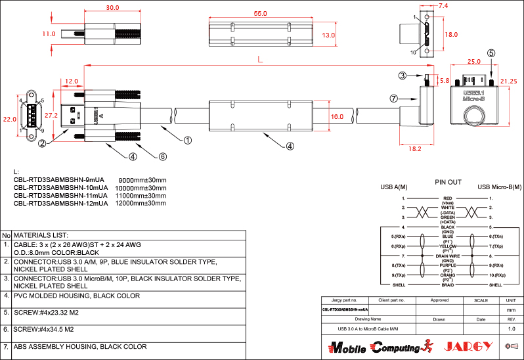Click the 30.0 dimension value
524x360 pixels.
pyautogui.click(x=112, y=8)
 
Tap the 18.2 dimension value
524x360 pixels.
pyautogui.click(x=415, y=148)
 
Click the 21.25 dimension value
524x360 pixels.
pyautogui.click(x=509, y=81)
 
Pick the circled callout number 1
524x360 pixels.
pyautogui.click(x=187, y=140)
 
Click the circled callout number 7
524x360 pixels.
pyautogui.click(x=393, y=99)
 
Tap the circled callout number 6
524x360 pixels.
pyautogui.click(x=163, y=156)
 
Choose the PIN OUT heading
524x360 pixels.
pyautogui.click(x=448, y=182)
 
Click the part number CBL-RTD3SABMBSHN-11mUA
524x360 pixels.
pyautogui.click(x=60, y=196)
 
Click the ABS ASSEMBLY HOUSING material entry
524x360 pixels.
pyautogui.click(x=80, y=346)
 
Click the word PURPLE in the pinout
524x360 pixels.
pyautogui.click(x=448, y=266)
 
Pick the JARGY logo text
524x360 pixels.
pyautogui.click(x=469, y=346)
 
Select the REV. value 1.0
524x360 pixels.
pyautogui.click(x=512, y=328)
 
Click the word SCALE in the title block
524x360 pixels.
pyautogui.click(x=481, y=300)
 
